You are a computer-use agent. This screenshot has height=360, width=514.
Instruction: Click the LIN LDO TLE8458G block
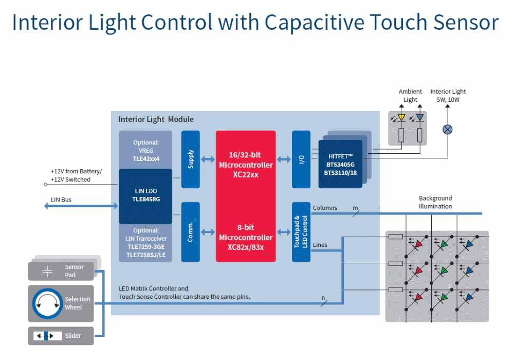coord(145,195)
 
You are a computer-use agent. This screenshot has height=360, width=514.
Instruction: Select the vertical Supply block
coord(190,159)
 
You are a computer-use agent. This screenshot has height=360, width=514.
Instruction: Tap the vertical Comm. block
coord(190,231)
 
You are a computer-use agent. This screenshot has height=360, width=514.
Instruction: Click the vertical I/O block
coord(301,159)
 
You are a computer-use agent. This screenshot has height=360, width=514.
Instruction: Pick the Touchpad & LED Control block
coord(301,231)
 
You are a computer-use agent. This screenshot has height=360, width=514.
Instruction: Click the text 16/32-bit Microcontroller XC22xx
coord(246,165)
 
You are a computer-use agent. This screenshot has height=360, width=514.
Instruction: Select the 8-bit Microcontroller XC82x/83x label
coord(246,238)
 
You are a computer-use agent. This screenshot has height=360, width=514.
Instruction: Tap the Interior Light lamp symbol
coord(448,129)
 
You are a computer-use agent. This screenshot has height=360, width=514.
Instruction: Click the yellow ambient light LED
coord(401,118)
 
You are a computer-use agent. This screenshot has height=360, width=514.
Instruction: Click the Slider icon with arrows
coord(47,336)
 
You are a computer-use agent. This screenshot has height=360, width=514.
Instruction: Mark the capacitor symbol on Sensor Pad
coord(47,271)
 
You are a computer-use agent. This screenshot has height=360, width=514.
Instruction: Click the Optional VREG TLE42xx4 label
coord(145,150)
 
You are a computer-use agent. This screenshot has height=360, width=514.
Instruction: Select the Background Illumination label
coord(435,202)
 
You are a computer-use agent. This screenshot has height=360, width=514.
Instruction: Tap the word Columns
coord(325,208)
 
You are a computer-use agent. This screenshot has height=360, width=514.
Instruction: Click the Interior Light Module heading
coord(156,119)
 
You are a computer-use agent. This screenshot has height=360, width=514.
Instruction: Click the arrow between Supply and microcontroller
coord(208,159)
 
